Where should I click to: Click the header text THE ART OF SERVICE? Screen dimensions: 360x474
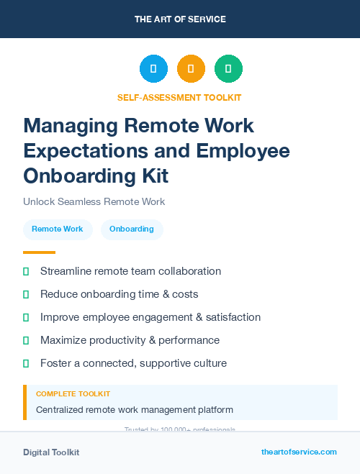(180, 19)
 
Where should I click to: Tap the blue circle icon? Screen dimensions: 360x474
(153, 69)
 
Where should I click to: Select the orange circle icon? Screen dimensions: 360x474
(191, 69)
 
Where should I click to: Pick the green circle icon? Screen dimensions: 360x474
(228, 69)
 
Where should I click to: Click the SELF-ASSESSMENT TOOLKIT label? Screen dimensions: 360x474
(179, 98)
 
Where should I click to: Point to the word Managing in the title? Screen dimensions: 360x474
(71, 125)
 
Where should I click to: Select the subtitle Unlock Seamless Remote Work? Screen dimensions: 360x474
(94, 201)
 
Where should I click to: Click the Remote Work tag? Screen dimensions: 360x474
(58, 229)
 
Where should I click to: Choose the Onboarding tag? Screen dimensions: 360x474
(132, 229)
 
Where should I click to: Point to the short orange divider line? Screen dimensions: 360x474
(39, 252)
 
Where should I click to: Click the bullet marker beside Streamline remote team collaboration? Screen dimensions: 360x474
(26, 271)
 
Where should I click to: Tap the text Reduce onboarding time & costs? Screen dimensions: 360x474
(119, 294)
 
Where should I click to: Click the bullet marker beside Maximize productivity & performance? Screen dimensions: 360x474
(26, 340)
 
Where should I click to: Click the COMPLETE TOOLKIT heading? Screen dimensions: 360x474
(73, 394)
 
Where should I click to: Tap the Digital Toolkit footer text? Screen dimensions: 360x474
(51, 452)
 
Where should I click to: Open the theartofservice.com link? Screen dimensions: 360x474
(299, 452)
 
